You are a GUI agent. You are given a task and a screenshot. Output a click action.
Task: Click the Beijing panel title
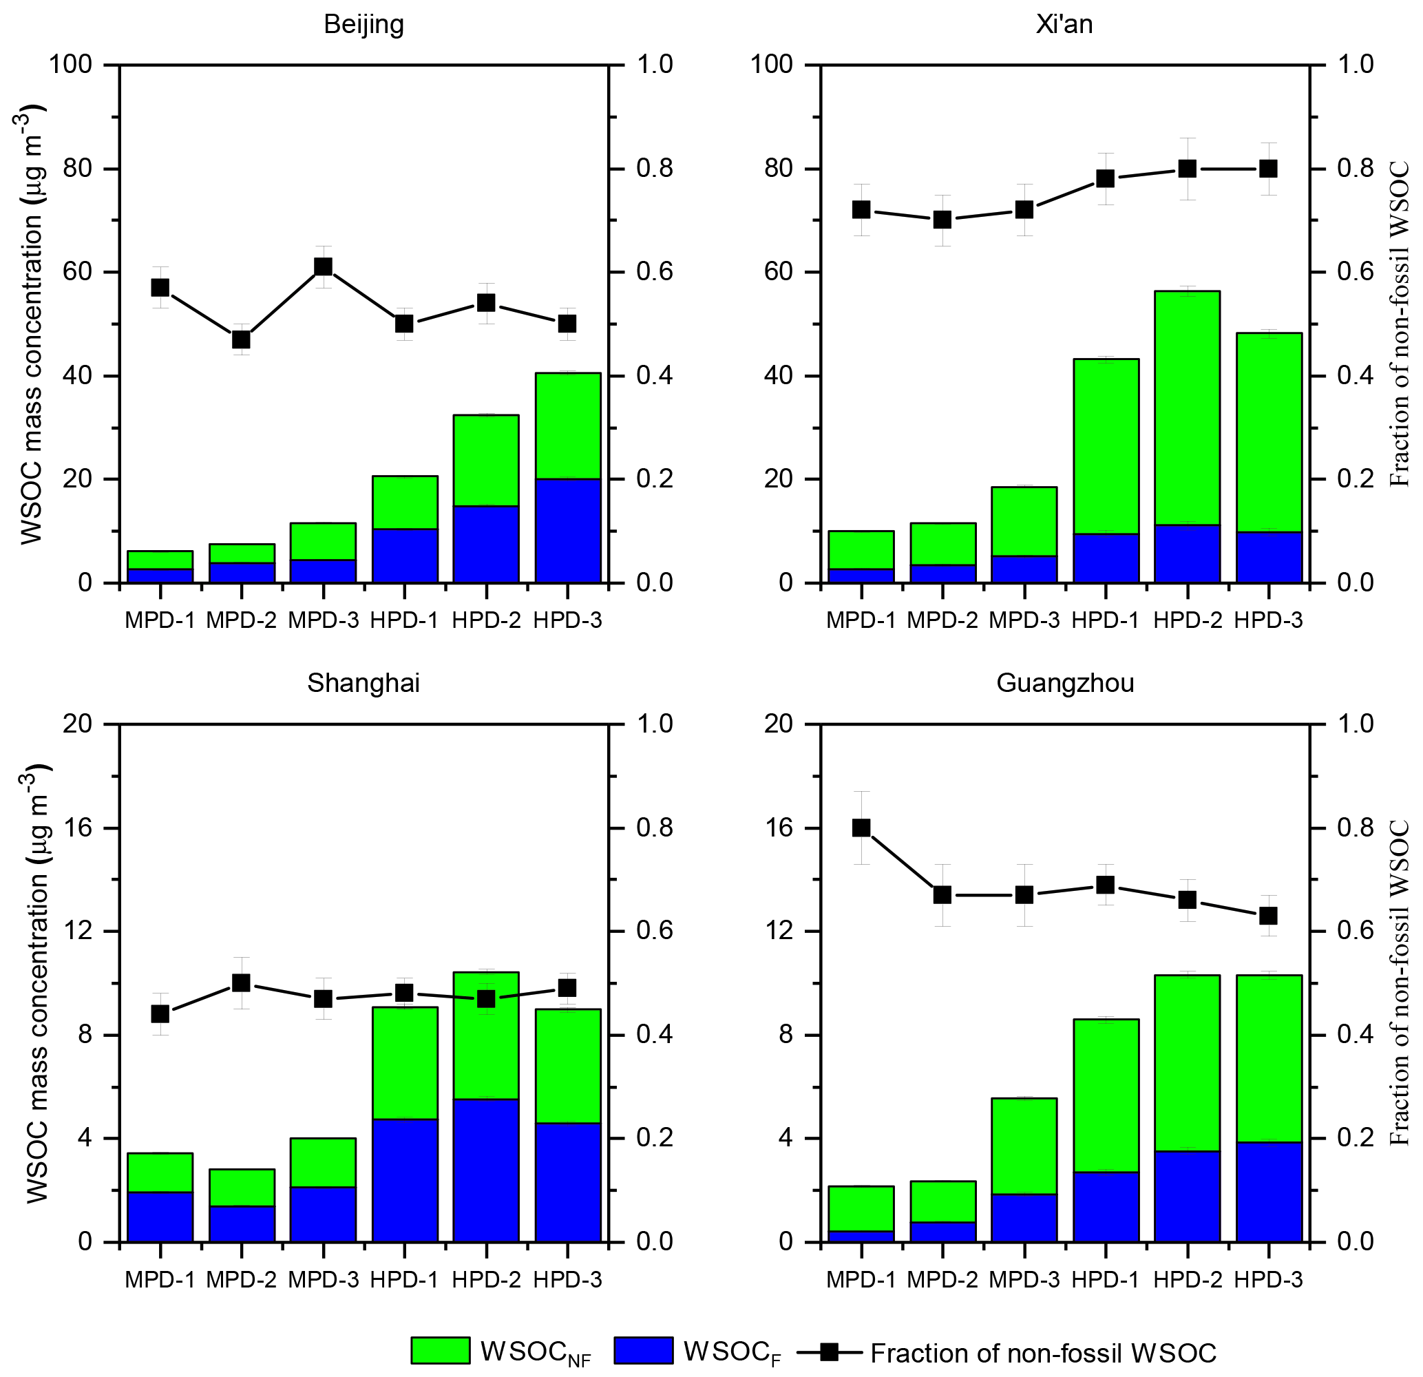click(x=363, y=25)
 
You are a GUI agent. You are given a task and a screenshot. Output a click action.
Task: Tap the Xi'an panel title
click(x=1064, y=25)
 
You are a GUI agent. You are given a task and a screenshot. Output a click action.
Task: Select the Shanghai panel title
click(x=363, y=684)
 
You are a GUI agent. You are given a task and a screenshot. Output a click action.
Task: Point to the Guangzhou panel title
click(x=1064, y=684)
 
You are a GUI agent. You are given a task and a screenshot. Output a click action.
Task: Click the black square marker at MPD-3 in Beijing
click(x=323, y=267)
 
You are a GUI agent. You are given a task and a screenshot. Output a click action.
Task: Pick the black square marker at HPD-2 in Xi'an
click(x=1187, y=169)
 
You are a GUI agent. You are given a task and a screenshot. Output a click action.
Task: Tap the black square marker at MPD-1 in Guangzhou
click(x=861, y=828)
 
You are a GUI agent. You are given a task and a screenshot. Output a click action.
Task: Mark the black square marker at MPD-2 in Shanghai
click(x=241, y=983)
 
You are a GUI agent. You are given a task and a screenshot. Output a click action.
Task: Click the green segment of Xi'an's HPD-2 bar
click(x=1187, y=407)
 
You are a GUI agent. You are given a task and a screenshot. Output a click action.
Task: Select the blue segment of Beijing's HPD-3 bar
click(x=568, y=530)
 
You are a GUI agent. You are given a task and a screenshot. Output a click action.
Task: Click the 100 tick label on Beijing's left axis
click(x=70, y=65)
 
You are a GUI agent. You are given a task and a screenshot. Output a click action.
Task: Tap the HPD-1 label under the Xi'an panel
click(x=1105, y=620)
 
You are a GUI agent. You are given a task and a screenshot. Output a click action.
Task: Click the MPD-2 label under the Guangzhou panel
click(x=942, y=1279)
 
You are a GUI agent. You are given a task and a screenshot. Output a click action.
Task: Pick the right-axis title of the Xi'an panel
click(x=1399, y=324)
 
